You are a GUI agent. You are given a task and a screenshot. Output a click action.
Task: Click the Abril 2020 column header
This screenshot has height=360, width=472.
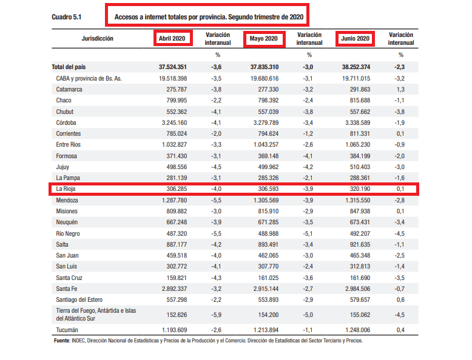(172, 39)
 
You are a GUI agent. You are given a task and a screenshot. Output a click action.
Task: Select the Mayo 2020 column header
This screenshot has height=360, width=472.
(263, 39)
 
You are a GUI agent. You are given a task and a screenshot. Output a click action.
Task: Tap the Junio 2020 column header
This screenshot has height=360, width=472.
(355, 39)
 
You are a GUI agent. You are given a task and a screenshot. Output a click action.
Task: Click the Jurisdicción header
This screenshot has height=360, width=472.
(98, 39)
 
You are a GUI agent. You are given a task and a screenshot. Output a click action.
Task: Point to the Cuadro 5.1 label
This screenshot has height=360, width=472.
(67, 17)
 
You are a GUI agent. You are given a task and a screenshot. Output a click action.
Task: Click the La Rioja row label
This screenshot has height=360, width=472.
(66, 189)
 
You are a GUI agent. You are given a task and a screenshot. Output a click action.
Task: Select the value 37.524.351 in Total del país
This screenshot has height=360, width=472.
(173, 67)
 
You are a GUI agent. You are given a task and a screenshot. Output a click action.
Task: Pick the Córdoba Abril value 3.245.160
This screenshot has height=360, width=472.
(174, 122)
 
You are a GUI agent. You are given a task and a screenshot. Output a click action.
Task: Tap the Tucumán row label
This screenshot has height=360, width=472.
(67, 330)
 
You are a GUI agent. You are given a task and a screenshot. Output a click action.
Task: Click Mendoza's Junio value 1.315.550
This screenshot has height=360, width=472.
(357, 200)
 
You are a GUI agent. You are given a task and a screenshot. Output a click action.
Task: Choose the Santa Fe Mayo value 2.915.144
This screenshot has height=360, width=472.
(266, 288)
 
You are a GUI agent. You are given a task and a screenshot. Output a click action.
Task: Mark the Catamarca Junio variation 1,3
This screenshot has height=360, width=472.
(400, 89)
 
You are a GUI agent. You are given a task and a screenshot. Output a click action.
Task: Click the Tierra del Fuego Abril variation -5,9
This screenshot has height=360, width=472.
(216, 315)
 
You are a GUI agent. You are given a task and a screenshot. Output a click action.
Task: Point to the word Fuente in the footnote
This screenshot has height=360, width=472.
(62, 341)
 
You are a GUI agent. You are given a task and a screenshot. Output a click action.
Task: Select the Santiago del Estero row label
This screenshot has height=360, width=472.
(79, 300)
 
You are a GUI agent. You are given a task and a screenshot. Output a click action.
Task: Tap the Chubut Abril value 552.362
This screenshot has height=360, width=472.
(177, 112)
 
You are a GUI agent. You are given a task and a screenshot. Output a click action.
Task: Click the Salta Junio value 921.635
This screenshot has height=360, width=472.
(360, 244)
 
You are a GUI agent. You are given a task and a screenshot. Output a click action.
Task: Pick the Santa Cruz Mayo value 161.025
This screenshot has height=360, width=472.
(268, 278)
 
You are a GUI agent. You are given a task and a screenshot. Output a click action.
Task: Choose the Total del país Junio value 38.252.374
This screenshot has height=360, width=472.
(356, 67)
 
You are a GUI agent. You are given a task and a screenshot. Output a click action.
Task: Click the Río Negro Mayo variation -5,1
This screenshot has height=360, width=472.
(308, 234)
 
